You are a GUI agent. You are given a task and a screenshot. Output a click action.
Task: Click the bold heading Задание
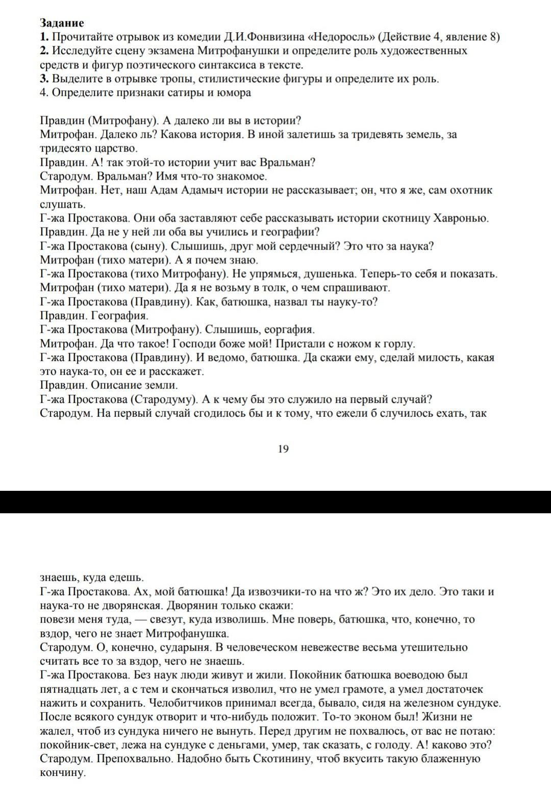click(x=62, y=23)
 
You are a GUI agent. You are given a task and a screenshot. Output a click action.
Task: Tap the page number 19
click(x=283, y=449)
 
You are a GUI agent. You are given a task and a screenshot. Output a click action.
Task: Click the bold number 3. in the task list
click(x=44, y=79)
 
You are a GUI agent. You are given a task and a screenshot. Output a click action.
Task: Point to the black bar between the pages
click(x=275, y=502)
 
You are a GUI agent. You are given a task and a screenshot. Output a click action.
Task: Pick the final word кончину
click(x=62, y=772)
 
